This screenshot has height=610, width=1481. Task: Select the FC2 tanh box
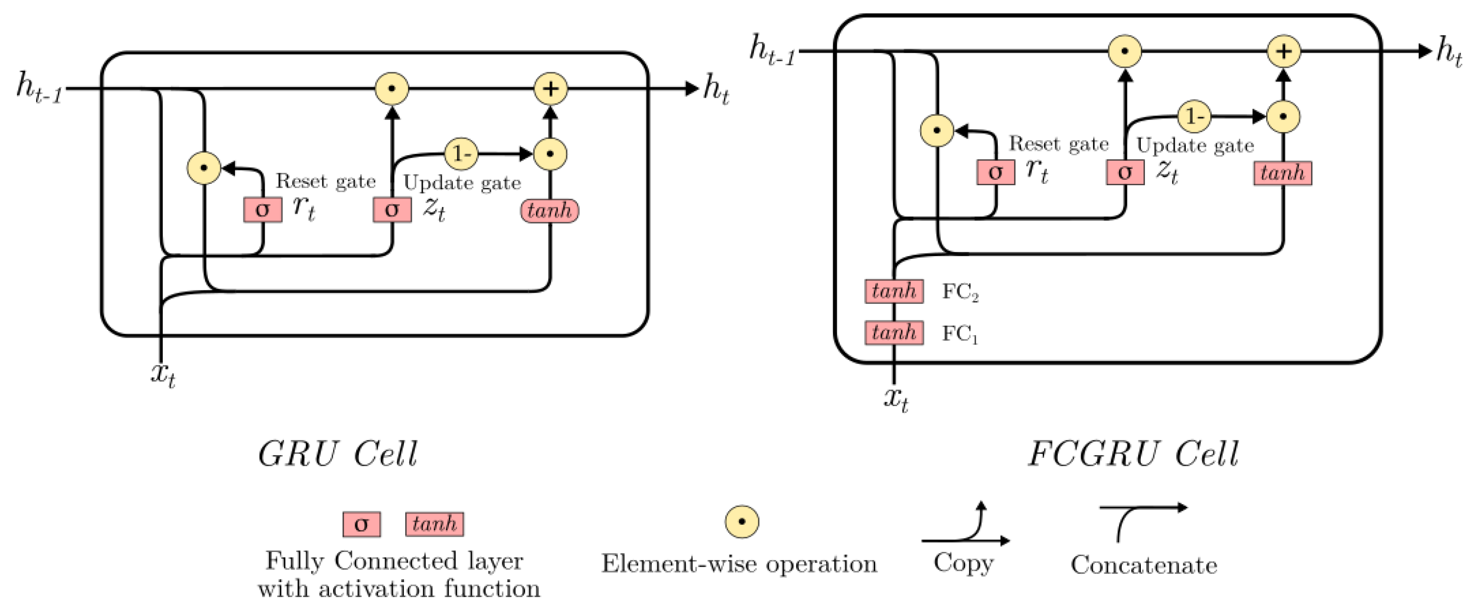tap(894, 291)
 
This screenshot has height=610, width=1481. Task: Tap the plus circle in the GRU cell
tap(550, 89)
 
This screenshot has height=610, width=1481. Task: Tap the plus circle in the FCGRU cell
tap(1283, 51)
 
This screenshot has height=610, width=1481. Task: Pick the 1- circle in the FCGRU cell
tap(1194, 117)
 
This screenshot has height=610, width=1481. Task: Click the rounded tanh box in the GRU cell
tap(549, 211)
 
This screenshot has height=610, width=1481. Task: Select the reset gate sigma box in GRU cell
tap(263, 209)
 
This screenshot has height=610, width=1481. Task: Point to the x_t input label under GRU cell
tap(163, 376)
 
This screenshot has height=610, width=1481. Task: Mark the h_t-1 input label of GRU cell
tap(39, 89)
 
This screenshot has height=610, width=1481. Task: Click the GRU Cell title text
tap(337, 455)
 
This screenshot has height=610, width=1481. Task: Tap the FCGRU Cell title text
tap(1133, 455)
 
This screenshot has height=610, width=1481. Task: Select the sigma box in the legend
tap(361, 524)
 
